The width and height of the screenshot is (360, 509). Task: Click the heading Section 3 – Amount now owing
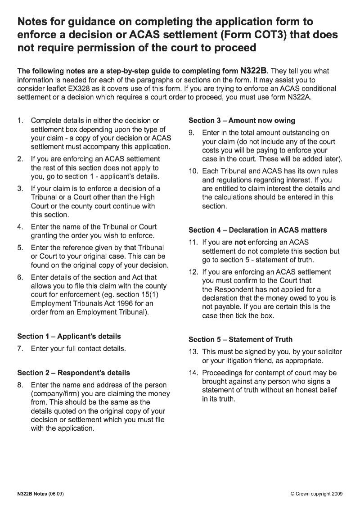coord(241,120)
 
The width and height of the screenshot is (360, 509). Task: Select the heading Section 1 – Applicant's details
coord(69,336)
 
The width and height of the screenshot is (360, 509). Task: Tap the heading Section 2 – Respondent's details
coord(73,373)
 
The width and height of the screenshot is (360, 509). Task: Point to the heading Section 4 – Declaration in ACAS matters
coord(257,230)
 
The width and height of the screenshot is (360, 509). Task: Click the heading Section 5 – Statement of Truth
coord(240,339)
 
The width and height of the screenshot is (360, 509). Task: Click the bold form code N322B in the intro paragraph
coord(254,71)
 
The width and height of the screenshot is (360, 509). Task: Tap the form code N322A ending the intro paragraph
coord(299,97)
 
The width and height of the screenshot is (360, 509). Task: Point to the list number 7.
coord(20,348)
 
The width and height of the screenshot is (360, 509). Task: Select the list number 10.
coord(193,171)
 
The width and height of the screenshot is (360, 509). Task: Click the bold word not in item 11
coord(240,242)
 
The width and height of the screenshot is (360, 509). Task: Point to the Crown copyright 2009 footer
coord(317,494)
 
